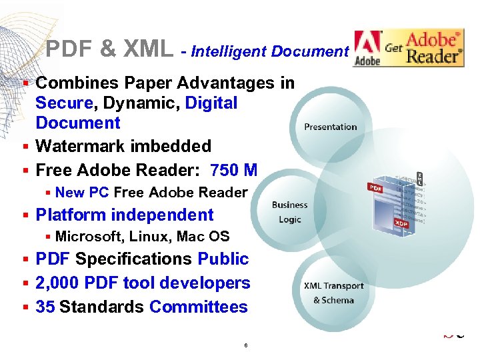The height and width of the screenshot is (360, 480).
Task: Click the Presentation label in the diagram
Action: click(x=331, y=127)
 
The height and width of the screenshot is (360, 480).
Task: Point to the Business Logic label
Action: click(x=290, y=212)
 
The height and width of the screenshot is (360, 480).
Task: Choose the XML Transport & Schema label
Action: click(x=334, y=293)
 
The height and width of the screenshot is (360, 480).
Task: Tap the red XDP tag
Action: click(x=401, y=224)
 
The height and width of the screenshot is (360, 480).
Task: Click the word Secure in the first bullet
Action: click(x=64, y=103)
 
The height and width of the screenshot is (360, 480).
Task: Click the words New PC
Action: click(x=82, y=193)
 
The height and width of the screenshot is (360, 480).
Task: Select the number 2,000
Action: click(x=58, y=283)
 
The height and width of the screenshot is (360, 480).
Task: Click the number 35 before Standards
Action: click(x=45, y=307)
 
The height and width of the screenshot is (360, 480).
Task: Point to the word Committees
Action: click(x=199, y=307)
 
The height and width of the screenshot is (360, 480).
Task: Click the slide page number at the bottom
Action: click(x=246, y=345)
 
